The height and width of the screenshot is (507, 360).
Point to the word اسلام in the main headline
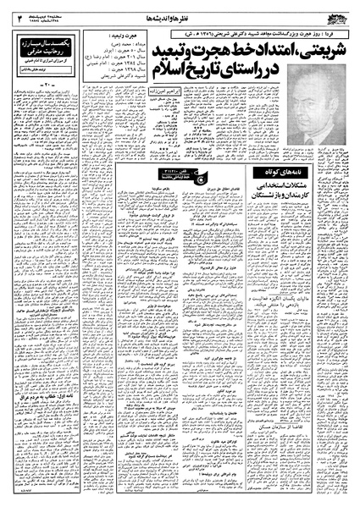[174, 89]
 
